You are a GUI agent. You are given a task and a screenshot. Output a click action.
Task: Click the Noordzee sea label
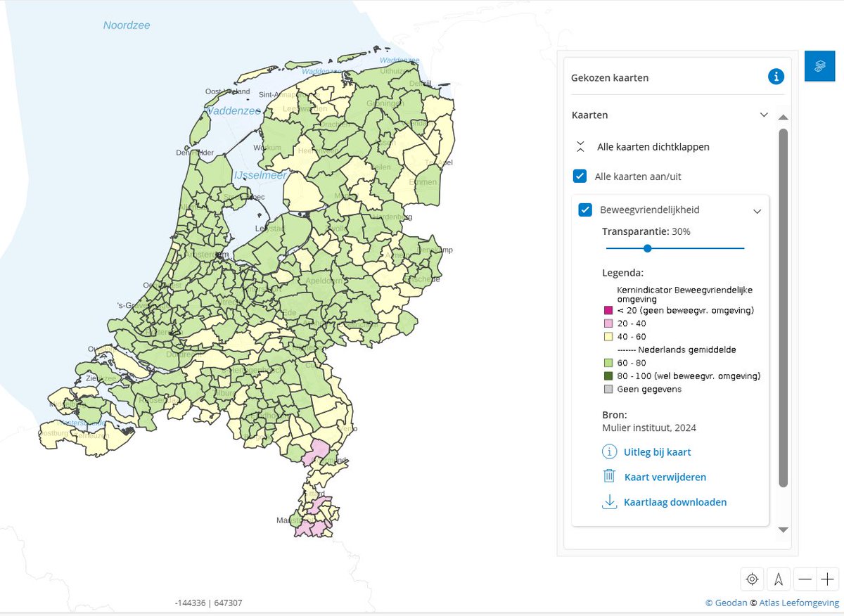tap(127, 25)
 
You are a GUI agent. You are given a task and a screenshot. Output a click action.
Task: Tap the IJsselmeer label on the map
tap(260, 175)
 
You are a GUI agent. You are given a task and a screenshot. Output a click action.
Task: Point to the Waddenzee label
tap(234, 111)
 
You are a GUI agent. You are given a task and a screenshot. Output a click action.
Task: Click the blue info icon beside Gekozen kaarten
tap(776, 77)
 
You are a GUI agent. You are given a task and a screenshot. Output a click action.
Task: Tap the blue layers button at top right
tap(819, 66)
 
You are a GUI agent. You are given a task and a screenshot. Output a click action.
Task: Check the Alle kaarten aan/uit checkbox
tap(580, 176)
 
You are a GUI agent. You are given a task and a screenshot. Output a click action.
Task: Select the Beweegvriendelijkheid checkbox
tap(585, 210)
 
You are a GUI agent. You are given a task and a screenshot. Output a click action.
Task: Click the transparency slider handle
tap(647, 248)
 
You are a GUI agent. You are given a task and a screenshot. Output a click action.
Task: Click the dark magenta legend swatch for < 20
tap(608, 310)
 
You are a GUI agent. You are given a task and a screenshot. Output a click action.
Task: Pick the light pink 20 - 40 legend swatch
tap(608, 323)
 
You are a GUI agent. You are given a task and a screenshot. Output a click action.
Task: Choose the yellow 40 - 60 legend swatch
tap(608, 337)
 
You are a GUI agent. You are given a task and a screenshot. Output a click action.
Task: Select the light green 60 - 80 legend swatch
tap(608, 363)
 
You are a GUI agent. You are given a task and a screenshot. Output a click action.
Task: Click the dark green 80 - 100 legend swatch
tap(608, 376)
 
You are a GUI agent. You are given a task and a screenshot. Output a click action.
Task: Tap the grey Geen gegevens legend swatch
tap(608, 389)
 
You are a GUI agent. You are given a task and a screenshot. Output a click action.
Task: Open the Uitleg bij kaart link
tap(657, 452)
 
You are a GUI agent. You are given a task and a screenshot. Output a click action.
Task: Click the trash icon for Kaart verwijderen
tap(609, 476)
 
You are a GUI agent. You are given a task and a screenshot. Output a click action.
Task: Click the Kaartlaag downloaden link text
tap(674, 502)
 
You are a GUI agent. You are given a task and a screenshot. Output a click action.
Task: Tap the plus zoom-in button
tap(827, 579)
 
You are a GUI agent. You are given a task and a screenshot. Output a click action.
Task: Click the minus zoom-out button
tap(805, 579)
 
